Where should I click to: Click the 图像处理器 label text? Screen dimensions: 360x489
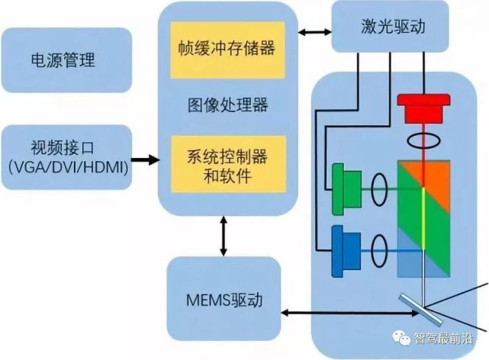[x=227, y=104]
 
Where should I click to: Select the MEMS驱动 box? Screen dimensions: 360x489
[x=224, y=300]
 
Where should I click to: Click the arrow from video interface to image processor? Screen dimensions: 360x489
[x=145, y=160]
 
